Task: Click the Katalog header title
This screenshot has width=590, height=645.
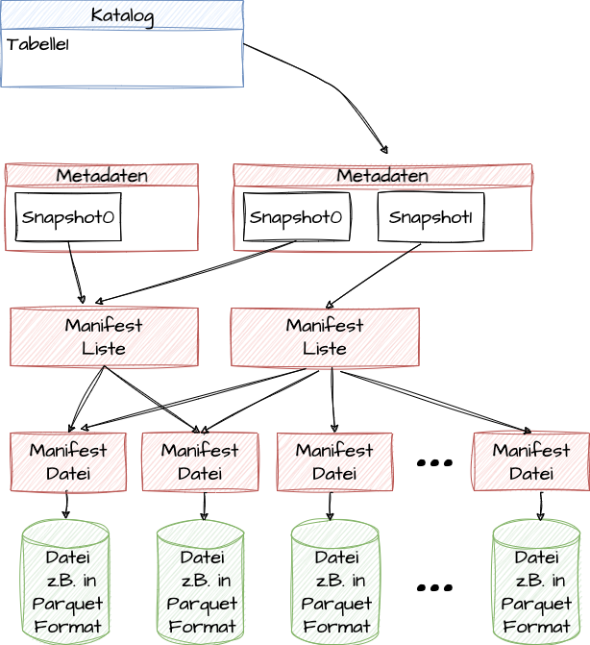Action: click(x=121, y=14)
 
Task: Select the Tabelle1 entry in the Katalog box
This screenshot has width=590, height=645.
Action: click(x=37, y=44)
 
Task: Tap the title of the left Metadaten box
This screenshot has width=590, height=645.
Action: click(x=101, y=175)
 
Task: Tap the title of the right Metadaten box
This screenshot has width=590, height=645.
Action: click(x=381, y=175)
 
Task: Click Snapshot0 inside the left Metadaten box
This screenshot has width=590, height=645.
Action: click(x=67, y=217)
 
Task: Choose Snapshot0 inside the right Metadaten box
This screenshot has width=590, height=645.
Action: click(x=296, y=217)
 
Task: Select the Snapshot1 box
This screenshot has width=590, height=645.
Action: click(x=430, y=217)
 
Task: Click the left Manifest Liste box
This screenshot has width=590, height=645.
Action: click(x=104, y=336)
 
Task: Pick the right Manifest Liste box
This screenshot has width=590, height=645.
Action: click(x=325, y=336)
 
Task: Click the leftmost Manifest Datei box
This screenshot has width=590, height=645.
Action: click(x=68, y=461)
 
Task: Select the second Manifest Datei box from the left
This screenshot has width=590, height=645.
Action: click(x=200, y=461)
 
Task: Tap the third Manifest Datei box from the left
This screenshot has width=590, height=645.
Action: click(x=334, y=461)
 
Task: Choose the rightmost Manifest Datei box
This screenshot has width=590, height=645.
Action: click(x=530, y=461)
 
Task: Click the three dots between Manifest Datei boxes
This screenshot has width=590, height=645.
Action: click(x=434, y=463)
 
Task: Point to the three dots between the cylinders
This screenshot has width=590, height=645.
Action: click(x=434, y=586)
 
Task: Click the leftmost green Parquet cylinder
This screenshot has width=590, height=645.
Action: click(x=65, y=583)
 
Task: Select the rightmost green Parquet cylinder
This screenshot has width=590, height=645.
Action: click(x=536, y=583)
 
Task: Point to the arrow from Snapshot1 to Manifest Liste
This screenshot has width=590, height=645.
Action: click(x=375, y=275)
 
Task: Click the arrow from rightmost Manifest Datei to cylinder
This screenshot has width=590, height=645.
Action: click(x=541, y=506)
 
